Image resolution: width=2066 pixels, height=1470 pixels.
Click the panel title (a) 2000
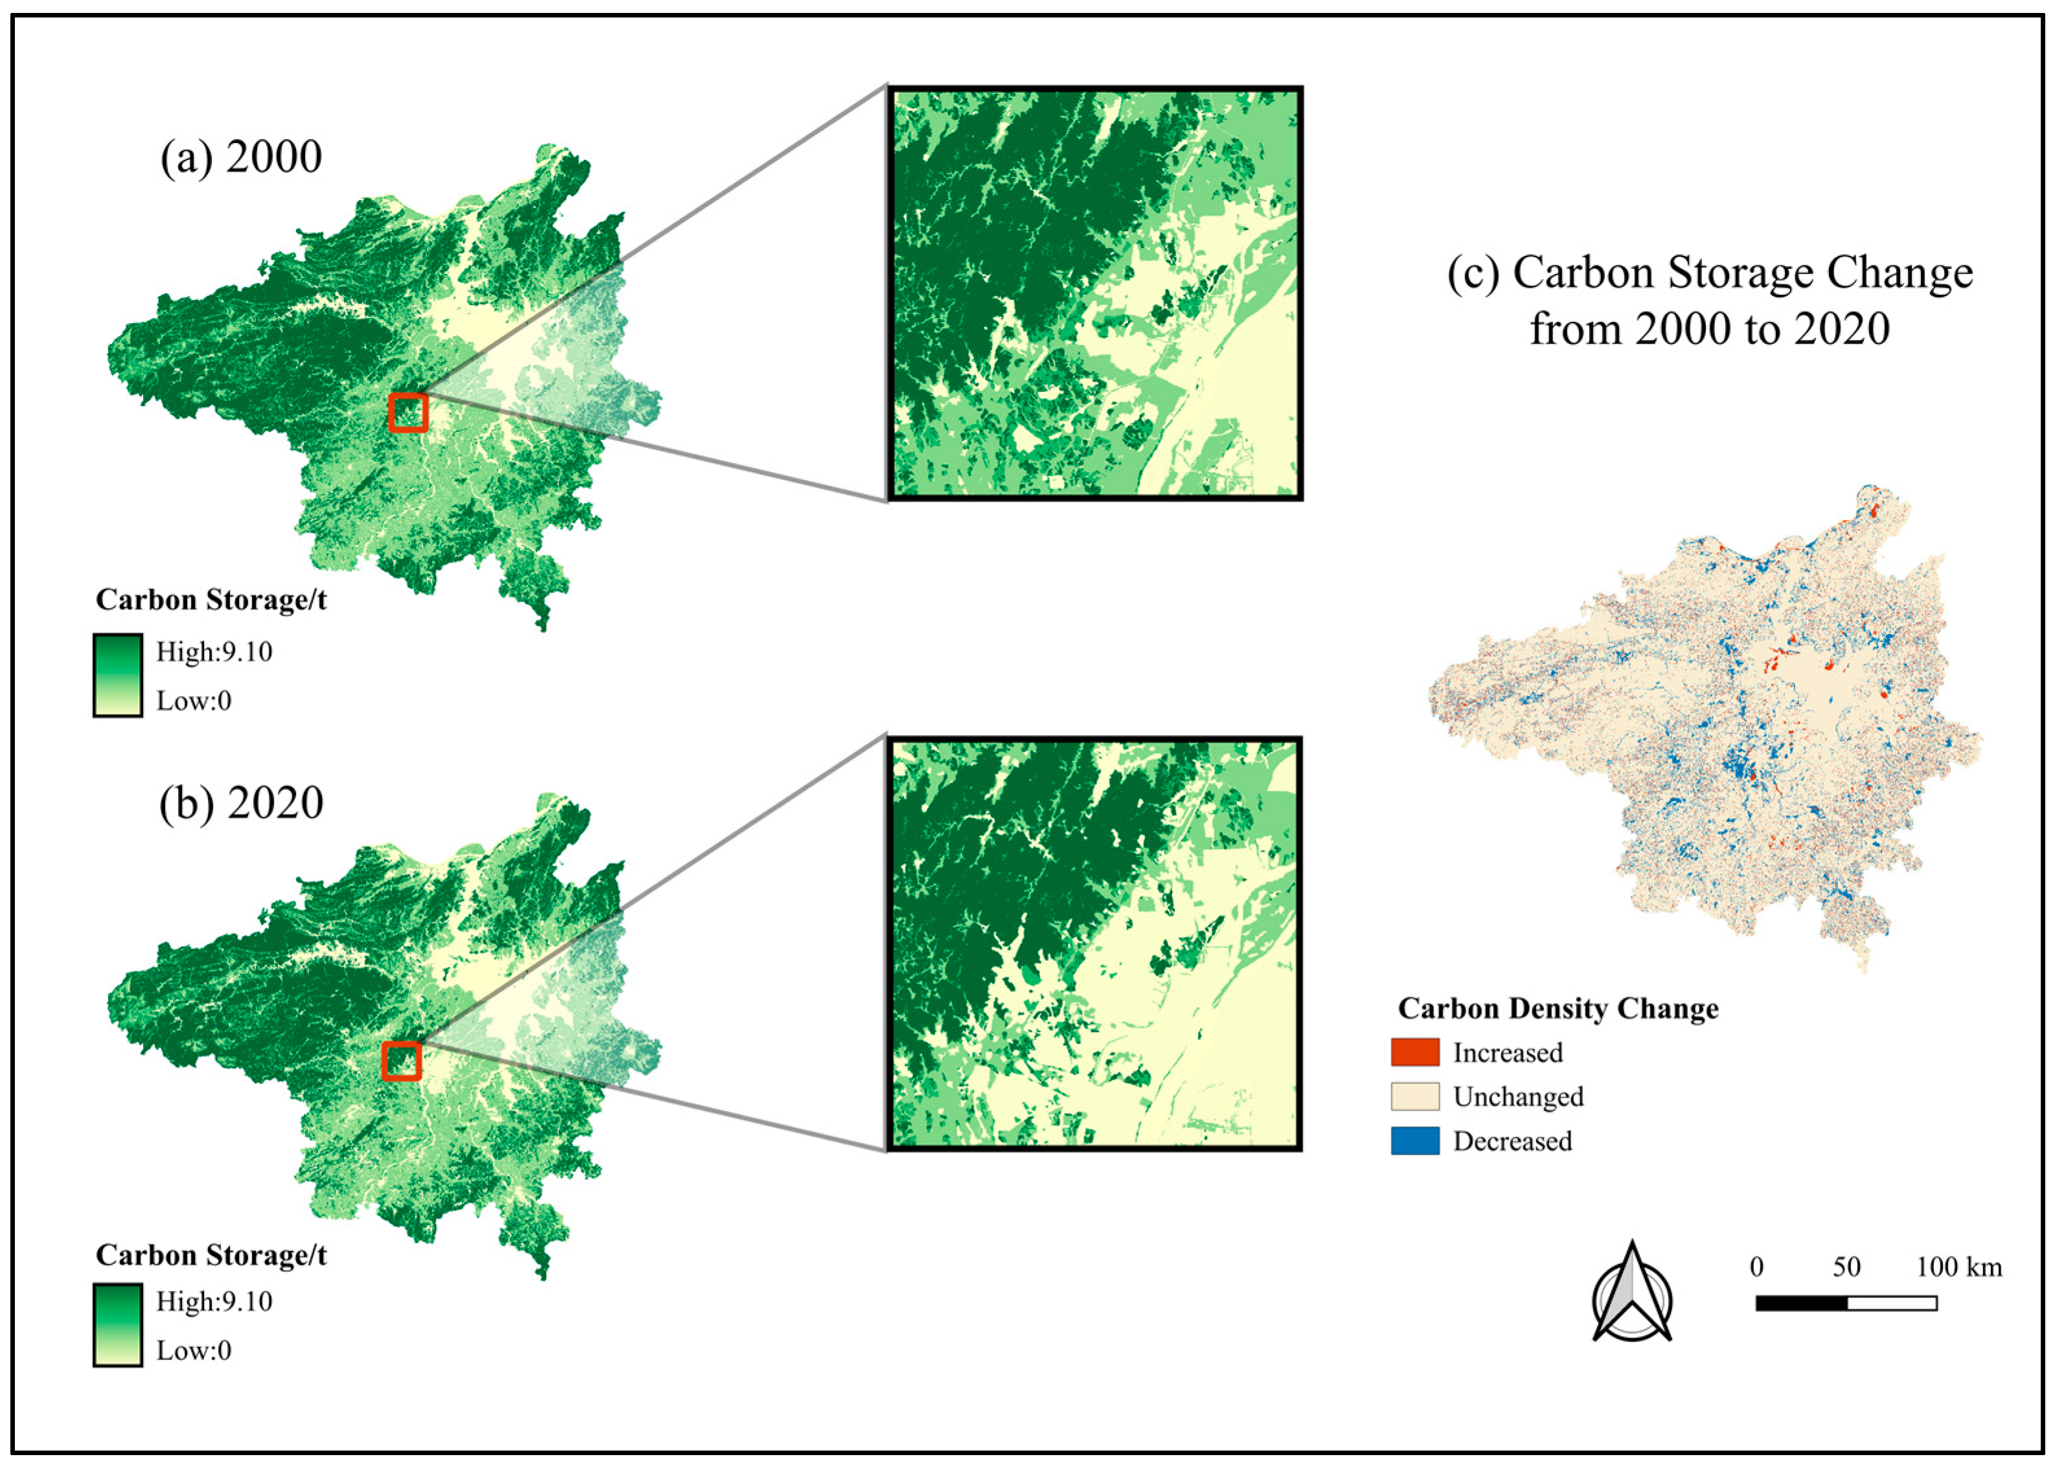coord(241,157)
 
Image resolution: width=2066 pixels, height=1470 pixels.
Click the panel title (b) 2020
coord(241,803)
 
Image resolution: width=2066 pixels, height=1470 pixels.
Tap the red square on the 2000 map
coord(407,413)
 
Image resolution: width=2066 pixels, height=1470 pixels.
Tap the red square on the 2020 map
coord(401,1061)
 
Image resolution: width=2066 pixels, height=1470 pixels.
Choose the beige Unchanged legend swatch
coord(1414,1096)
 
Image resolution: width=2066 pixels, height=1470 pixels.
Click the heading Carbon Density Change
coord(1557,1008)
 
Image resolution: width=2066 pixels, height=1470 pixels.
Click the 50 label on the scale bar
coord(1846,1266)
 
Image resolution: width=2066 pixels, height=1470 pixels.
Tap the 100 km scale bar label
coord(1958,1266)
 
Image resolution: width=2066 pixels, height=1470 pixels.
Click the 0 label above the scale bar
coord(1756,1266)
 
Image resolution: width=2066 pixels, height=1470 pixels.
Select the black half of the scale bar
coord(1800,1304)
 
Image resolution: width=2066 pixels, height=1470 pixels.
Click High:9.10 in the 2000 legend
coord(214,651)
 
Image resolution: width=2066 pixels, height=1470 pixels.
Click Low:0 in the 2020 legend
coord(194,1350)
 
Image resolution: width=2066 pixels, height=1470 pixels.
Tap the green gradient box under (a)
coord(118,675)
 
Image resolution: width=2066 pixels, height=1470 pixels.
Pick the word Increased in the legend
coord(1507,1053)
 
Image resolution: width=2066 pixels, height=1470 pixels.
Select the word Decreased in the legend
coord(1512,1142)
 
